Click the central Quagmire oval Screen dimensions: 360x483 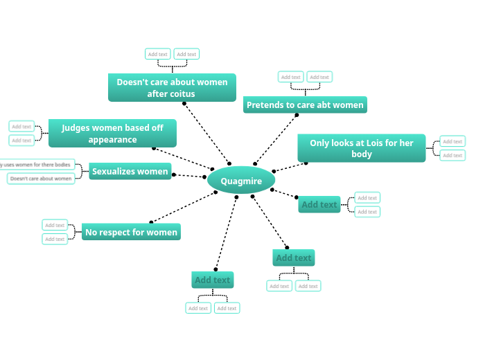pyautogui.click(x=241, y=181)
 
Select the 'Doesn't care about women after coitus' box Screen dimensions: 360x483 pyautogui.click(x=172, y=87)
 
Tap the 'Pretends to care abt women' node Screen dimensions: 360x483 pyautogui.click(x=305, y=105)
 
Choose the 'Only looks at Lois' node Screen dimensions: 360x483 pyautogui.click(x=361, y=148)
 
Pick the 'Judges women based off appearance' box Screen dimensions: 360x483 pyautogui.click(x=112, y=133)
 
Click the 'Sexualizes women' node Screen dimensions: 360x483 pyautogui.click(x=130, y=171)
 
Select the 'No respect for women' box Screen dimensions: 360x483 pyautogui.click(x=131, y=232)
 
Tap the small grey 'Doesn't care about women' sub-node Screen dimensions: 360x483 pyautogui.click(x=41, y=179)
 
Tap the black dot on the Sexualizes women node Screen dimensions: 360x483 pyautogui.click(x=173, y=174)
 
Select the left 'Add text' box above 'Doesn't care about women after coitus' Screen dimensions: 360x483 pyautogui.click(x=158, y=54)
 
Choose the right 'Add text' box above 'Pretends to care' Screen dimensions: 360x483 pyautogui.click(x=319, y=77)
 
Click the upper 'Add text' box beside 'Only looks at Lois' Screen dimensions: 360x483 pyautogui.click(x=453, y=141)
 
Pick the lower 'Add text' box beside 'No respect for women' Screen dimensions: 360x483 pyautogui.click(x=55, y=239)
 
